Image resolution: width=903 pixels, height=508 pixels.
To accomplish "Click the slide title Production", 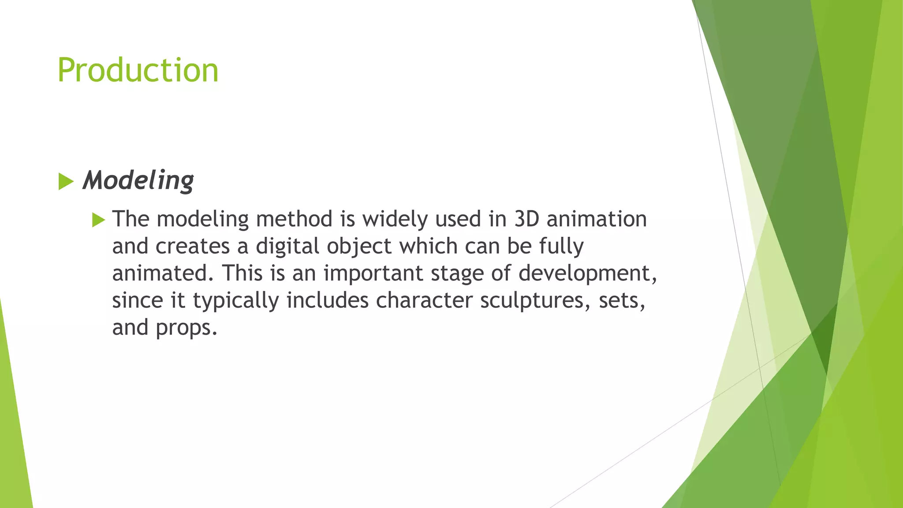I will tap(138, 70).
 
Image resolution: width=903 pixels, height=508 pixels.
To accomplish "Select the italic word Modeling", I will tap(138, 180).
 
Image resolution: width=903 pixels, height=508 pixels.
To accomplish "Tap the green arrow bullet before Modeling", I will tap(66, 182).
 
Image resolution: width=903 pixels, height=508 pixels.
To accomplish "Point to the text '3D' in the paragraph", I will tap(527, 219).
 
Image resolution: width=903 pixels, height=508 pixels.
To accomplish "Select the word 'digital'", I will tap(287, 247).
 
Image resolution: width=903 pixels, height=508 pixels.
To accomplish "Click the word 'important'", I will tap(373, 274).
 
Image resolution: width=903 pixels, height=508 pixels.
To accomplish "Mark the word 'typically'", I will tap(236, 301).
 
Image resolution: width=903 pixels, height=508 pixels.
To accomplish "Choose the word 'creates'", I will tap(193, 247).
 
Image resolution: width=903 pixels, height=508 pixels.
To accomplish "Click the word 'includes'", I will tap(328, 300).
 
